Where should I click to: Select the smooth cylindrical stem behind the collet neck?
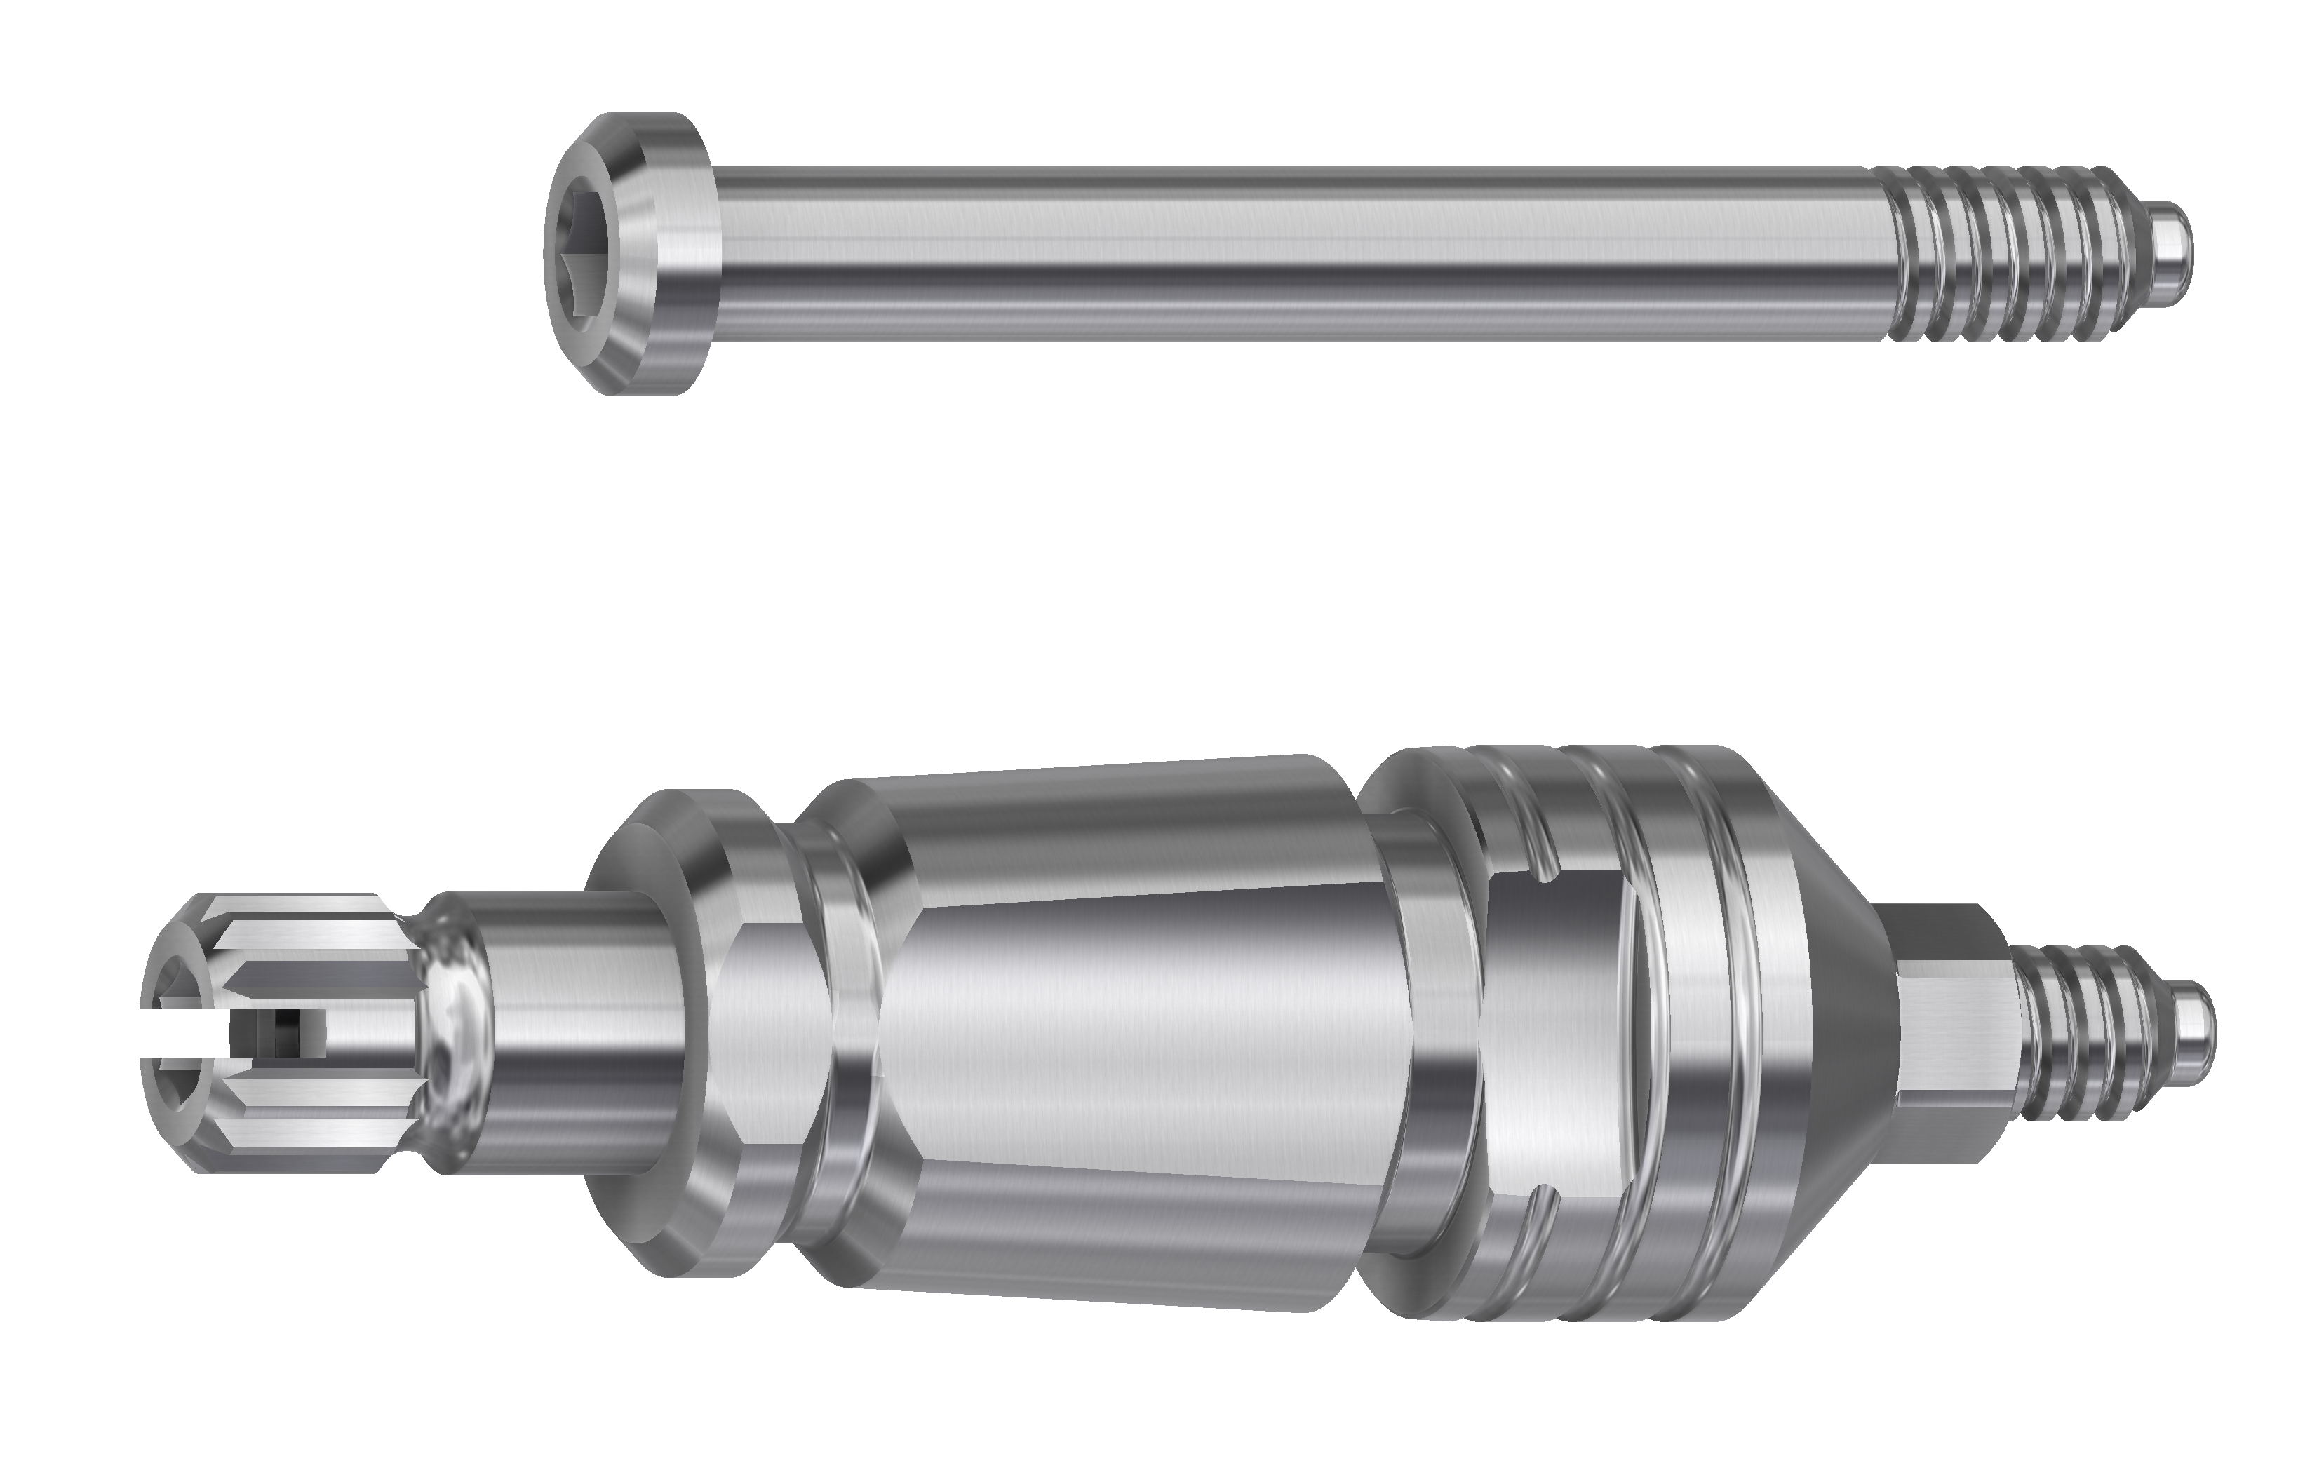pos(572,1035)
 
